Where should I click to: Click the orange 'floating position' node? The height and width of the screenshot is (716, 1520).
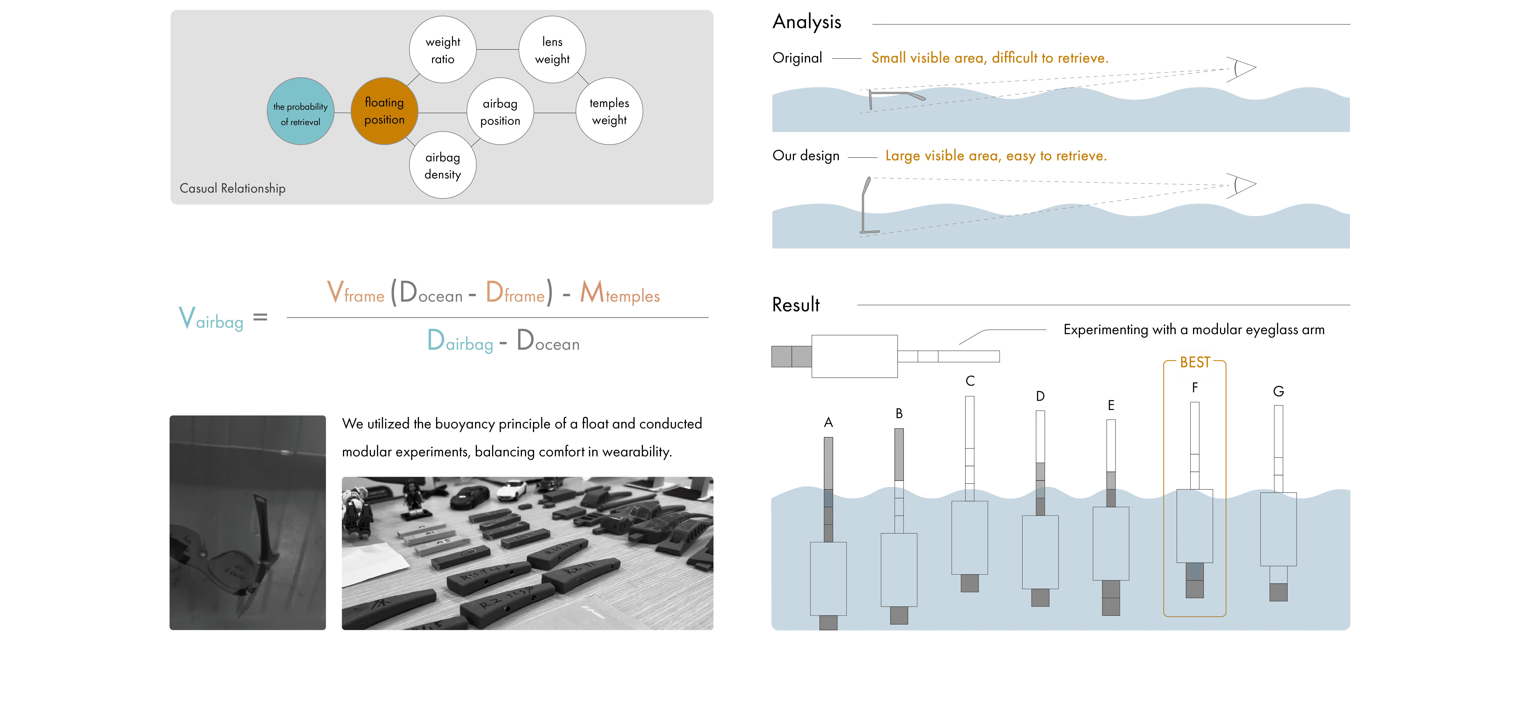click(x=384, y=111)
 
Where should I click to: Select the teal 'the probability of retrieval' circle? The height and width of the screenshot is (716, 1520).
click(x=300, y=112)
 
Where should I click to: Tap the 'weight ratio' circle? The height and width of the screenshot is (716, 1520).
click(x=443, y=50)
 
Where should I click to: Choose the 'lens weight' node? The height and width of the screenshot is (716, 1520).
click(x=552, y=50)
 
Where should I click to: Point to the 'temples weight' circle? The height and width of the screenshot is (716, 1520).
click(x=609, y=112)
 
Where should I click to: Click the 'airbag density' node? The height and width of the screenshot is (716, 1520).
click(x=443, y=165)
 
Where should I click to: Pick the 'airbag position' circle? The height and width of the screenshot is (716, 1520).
click(x=500, y=112)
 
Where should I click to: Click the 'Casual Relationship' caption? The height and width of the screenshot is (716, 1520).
click(x=233, y=188)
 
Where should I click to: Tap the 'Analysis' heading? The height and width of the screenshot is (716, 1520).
click(x=807, y=22)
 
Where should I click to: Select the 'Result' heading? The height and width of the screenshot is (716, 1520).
click(x=795, y=304)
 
